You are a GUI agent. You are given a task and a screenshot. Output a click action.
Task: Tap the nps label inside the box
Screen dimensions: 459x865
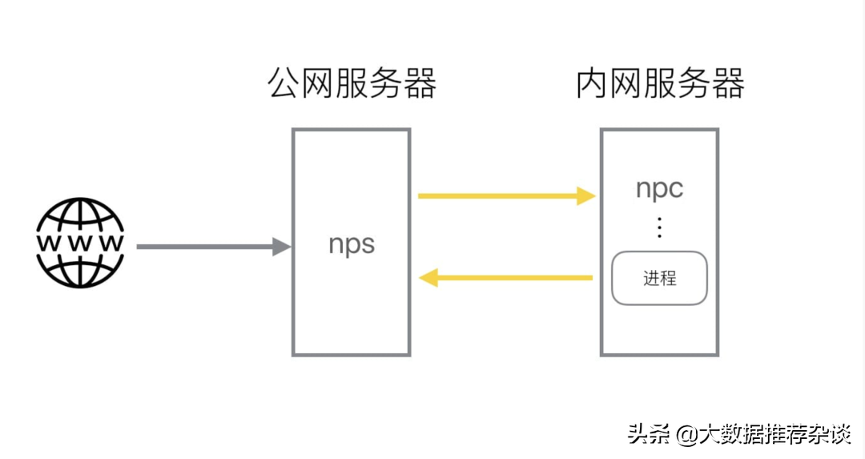[352, 244]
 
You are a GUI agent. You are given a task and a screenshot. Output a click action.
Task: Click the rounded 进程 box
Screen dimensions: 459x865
[659, 278]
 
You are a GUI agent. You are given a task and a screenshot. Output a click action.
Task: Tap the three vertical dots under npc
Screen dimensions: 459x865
[659, 227]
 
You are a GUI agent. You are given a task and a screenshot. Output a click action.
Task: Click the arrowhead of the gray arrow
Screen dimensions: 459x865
[281, 247]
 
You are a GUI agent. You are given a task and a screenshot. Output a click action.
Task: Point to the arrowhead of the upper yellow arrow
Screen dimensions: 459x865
[587, 195]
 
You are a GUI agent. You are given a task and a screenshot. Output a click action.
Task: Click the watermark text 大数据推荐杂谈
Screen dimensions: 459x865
[774, 435]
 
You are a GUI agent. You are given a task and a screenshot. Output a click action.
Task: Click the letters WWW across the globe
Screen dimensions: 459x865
[80, 242]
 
